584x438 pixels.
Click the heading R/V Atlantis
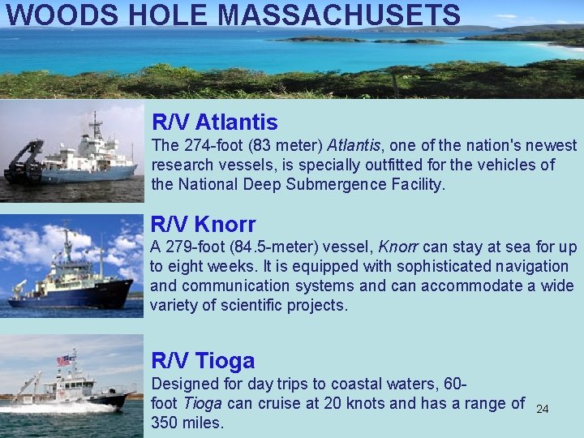[x=215, y=122]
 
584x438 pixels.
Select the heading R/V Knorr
[x=204, y=224]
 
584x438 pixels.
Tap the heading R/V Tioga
[x=204, y=361]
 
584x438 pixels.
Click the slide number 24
[x=543, y=409]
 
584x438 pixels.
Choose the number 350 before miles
[x=165, y=423]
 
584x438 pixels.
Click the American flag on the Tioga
[x=65, y=359]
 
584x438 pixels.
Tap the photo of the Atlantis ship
[x=71, y=152]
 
